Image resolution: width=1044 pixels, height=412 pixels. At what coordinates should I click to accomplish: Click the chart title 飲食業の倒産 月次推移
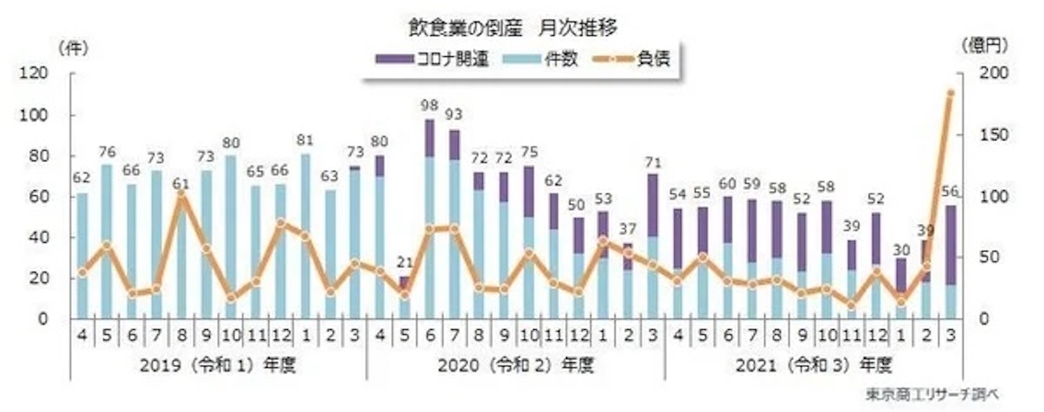pyautogui.click(x=513, y=28)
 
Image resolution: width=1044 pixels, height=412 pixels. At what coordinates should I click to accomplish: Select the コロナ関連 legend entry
pyautogui.click(x=432, y=59)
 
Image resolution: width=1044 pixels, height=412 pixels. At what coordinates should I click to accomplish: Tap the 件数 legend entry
pyautogui.click(x=541, y=59)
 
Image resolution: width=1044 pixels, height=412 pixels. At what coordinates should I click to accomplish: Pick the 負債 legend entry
pyautogui.click(x=632, y=59)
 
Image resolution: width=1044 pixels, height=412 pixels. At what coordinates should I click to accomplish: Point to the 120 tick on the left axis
pyautogui.click(x=33, y=73)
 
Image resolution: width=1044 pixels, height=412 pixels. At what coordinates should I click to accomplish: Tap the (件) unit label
pyautogui.click(x=73, y=48)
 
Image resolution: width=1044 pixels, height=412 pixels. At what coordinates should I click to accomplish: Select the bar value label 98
pyautogui.click(x=429, y=106)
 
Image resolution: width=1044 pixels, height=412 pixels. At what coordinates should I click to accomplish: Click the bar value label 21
pyautogui.click(x=404, y=263)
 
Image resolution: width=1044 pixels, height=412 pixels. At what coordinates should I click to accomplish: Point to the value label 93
pyautogui.click(x=454, y=114)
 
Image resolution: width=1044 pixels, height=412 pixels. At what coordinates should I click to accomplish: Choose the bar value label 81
pyautogui.click(x=305, y=140)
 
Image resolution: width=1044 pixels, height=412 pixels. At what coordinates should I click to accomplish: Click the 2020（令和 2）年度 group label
pyautogui.click(x=516, y=365)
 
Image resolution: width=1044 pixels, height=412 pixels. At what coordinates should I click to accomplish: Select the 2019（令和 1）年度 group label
pyautogui.click(x=218, y=365)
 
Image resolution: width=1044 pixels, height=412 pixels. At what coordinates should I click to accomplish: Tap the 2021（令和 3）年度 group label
pyautogui.click(x=814, y=365)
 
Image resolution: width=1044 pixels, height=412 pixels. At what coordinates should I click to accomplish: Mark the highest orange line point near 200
pyautogui.click(x=951, y=93)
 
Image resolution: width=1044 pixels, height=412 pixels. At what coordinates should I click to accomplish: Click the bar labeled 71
pyautogui.click(x=653, y=246)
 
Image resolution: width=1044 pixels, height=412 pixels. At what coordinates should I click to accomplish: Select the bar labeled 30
pyautogui.click(x=901, y=289)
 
